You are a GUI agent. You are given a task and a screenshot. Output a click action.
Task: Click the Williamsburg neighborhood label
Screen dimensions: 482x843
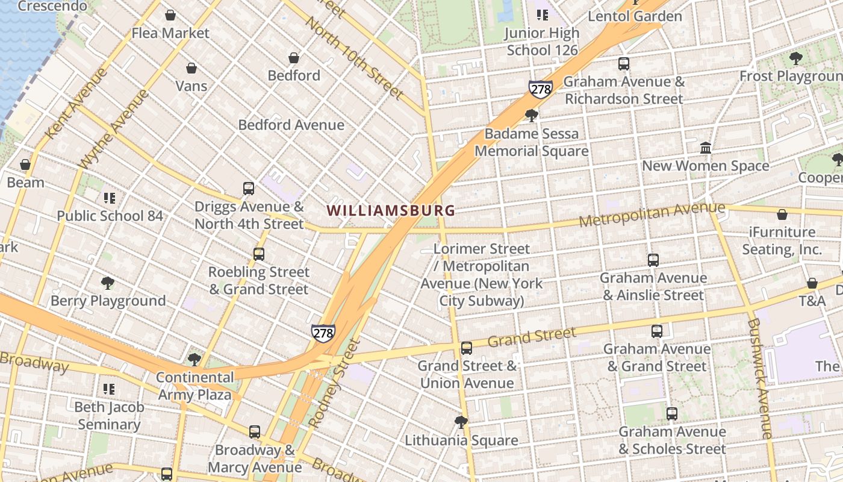click(x=391, y=210)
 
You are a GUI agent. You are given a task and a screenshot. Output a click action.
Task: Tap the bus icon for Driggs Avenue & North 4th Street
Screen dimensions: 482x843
click(x=249, y=189)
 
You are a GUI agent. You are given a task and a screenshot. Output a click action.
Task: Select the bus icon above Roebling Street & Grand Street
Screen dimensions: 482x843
click(x=259, y=254)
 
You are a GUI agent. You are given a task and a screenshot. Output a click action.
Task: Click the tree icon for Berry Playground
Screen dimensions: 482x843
click(x=108, y=283)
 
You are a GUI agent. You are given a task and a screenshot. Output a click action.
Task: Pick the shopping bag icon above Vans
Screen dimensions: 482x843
click(x=191, y=68)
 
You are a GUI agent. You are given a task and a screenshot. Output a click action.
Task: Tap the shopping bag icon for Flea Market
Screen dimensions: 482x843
click(x=170, y=15)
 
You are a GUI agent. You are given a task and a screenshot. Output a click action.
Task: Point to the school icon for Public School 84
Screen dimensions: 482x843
click(x=109, y=198)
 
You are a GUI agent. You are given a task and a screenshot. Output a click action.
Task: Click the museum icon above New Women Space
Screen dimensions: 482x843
click(x=706, y=148)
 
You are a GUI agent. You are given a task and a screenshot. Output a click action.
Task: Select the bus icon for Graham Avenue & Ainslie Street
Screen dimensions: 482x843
click(x=653, y=260)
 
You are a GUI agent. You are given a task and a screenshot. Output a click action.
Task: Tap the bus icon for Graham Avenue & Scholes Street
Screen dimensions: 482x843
click(x=672, y=414)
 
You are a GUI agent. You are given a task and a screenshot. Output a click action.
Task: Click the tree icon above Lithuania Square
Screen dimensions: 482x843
click(x=461, y=422)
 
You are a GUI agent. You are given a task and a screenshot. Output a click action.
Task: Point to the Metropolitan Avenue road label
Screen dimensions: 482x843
click(x=652, y=215)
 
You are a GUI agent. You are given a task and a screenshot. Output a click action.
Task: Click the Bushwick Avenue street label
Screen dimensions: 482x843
click(x=759, y=378)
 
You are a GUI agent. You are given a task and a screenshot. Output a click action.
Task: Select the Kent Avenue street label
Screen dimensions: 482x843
click(x=76, y=103)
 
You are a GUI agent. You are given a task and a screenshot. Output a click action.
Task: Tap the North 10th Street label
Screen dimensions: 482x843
click(x=354, y=58)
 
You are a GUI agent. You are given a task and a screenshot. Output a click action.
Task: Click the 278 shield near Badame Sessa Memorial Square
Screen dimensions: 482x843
click(x=541, y=89)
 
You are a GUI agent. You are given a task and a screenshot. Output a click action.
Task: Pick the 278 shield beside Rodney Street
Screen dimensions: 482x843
click(x=323, y=333)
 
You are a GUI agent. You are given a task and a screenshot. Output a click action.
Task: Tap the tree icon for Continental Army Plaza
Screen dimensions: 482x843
click(x=194, y=360)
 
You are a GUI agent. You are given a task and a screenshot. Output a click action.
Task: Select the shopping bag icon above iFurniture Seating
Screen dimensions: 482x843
click(x=782, y=214)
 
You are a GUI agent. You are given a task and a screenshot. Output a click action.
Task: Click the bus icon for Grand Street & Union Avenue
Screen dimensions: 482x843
click(x=467, y=348)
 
